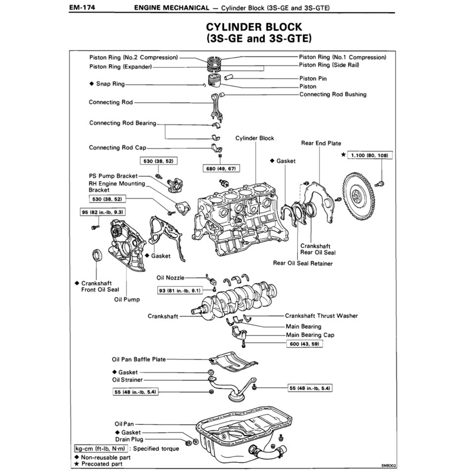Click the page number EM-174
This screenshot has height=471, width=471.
(x=82, y=8)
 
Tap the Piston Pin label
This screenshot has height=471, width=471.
(x=313, y=78)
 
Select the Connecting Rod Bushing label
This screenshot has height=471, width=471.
(x=333, y=94)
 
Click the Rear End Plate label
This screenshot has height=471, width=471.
(x=321, y=143)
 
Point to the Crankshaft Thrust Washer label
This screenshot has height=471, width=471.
(x=321, y=316)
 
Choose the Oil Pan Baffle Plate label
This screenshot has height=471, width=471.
(x=139, y=359)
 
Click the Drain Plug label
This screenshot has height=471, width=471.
(x=129, y=439)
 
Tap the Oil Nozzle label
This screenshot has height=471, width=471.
(x=170, y=278)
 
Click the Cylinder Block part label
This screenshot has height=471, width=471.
(x=254, y=138)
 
